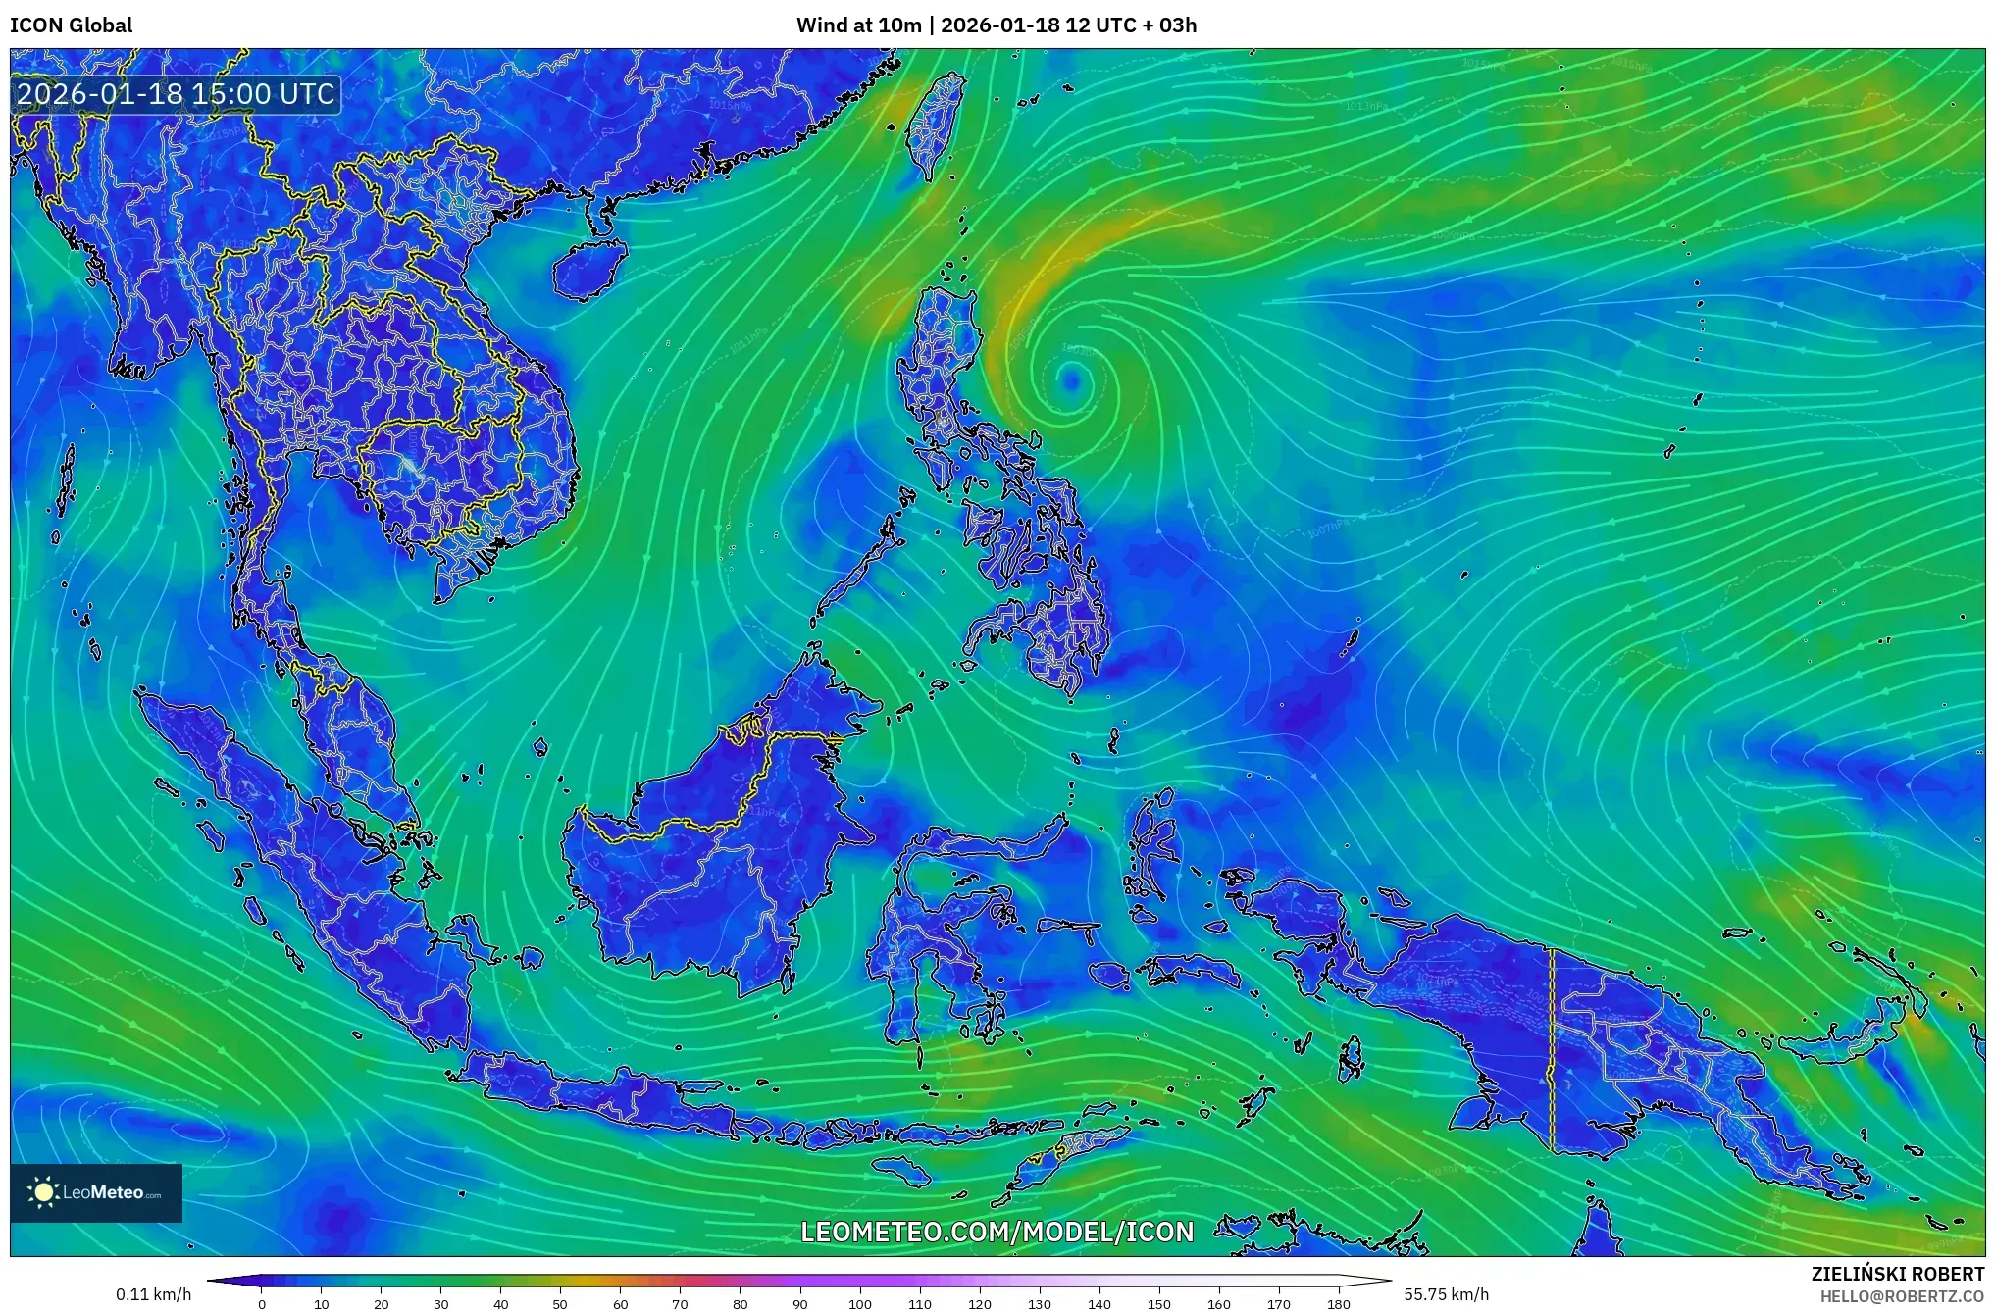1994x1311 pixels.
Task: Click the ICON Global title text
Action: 71,25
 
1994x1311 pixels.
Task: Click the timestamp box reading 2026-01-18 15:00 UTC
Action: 177,94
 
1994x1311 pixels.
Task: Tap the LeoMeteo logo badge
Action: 96,1192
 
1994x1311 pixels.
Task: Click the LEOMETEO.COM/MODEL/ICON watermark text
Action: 997,1232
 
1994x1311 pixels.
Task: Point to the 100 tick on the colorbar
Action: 860,1304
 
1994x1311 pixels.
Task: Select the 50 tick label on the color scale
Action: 560,1304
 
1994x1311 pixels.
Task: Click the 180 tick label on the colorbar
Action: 1339,1304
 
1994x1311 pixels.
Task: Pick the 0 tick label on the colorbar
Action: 262,1304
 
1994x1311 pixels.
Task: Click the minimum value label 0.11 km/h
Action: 153,1294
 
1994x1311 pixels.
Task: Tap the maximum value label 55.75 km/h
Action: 1446,1294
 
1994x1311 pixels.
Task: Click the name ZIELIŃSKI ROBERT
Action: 1897,1274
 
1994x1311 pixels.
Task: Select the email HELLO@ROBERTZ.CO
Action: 1902,1296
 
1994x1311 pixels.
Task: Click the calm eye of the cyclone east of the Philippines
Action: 1072,378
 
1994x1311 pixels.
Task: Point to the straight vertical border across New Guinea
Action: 1552,1049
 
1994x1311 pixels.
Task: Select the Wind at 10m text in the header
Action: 858,25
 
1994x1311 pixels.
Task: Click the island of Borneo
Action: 706,863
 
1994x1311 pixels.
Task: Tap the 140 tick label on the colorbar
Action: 1099,1304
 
